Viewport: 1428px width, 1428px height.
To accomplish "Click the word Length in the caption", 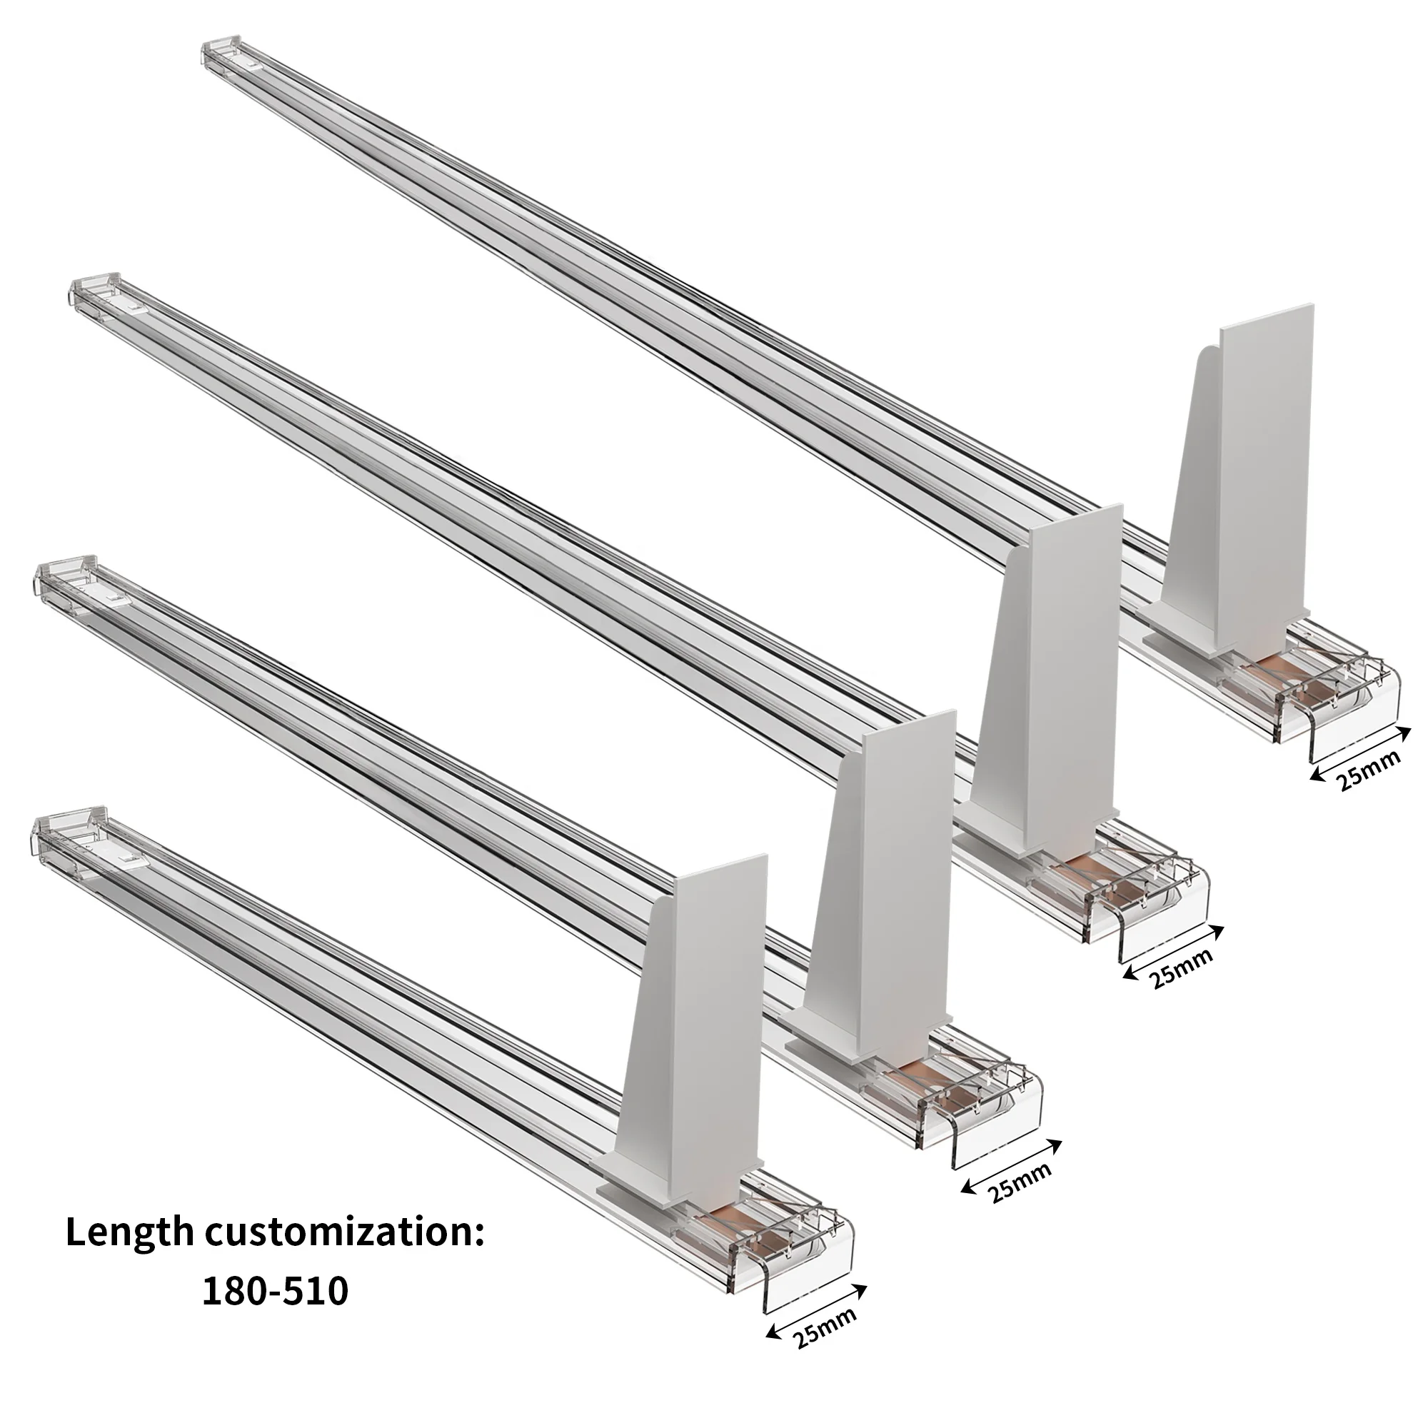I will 129,1235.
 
